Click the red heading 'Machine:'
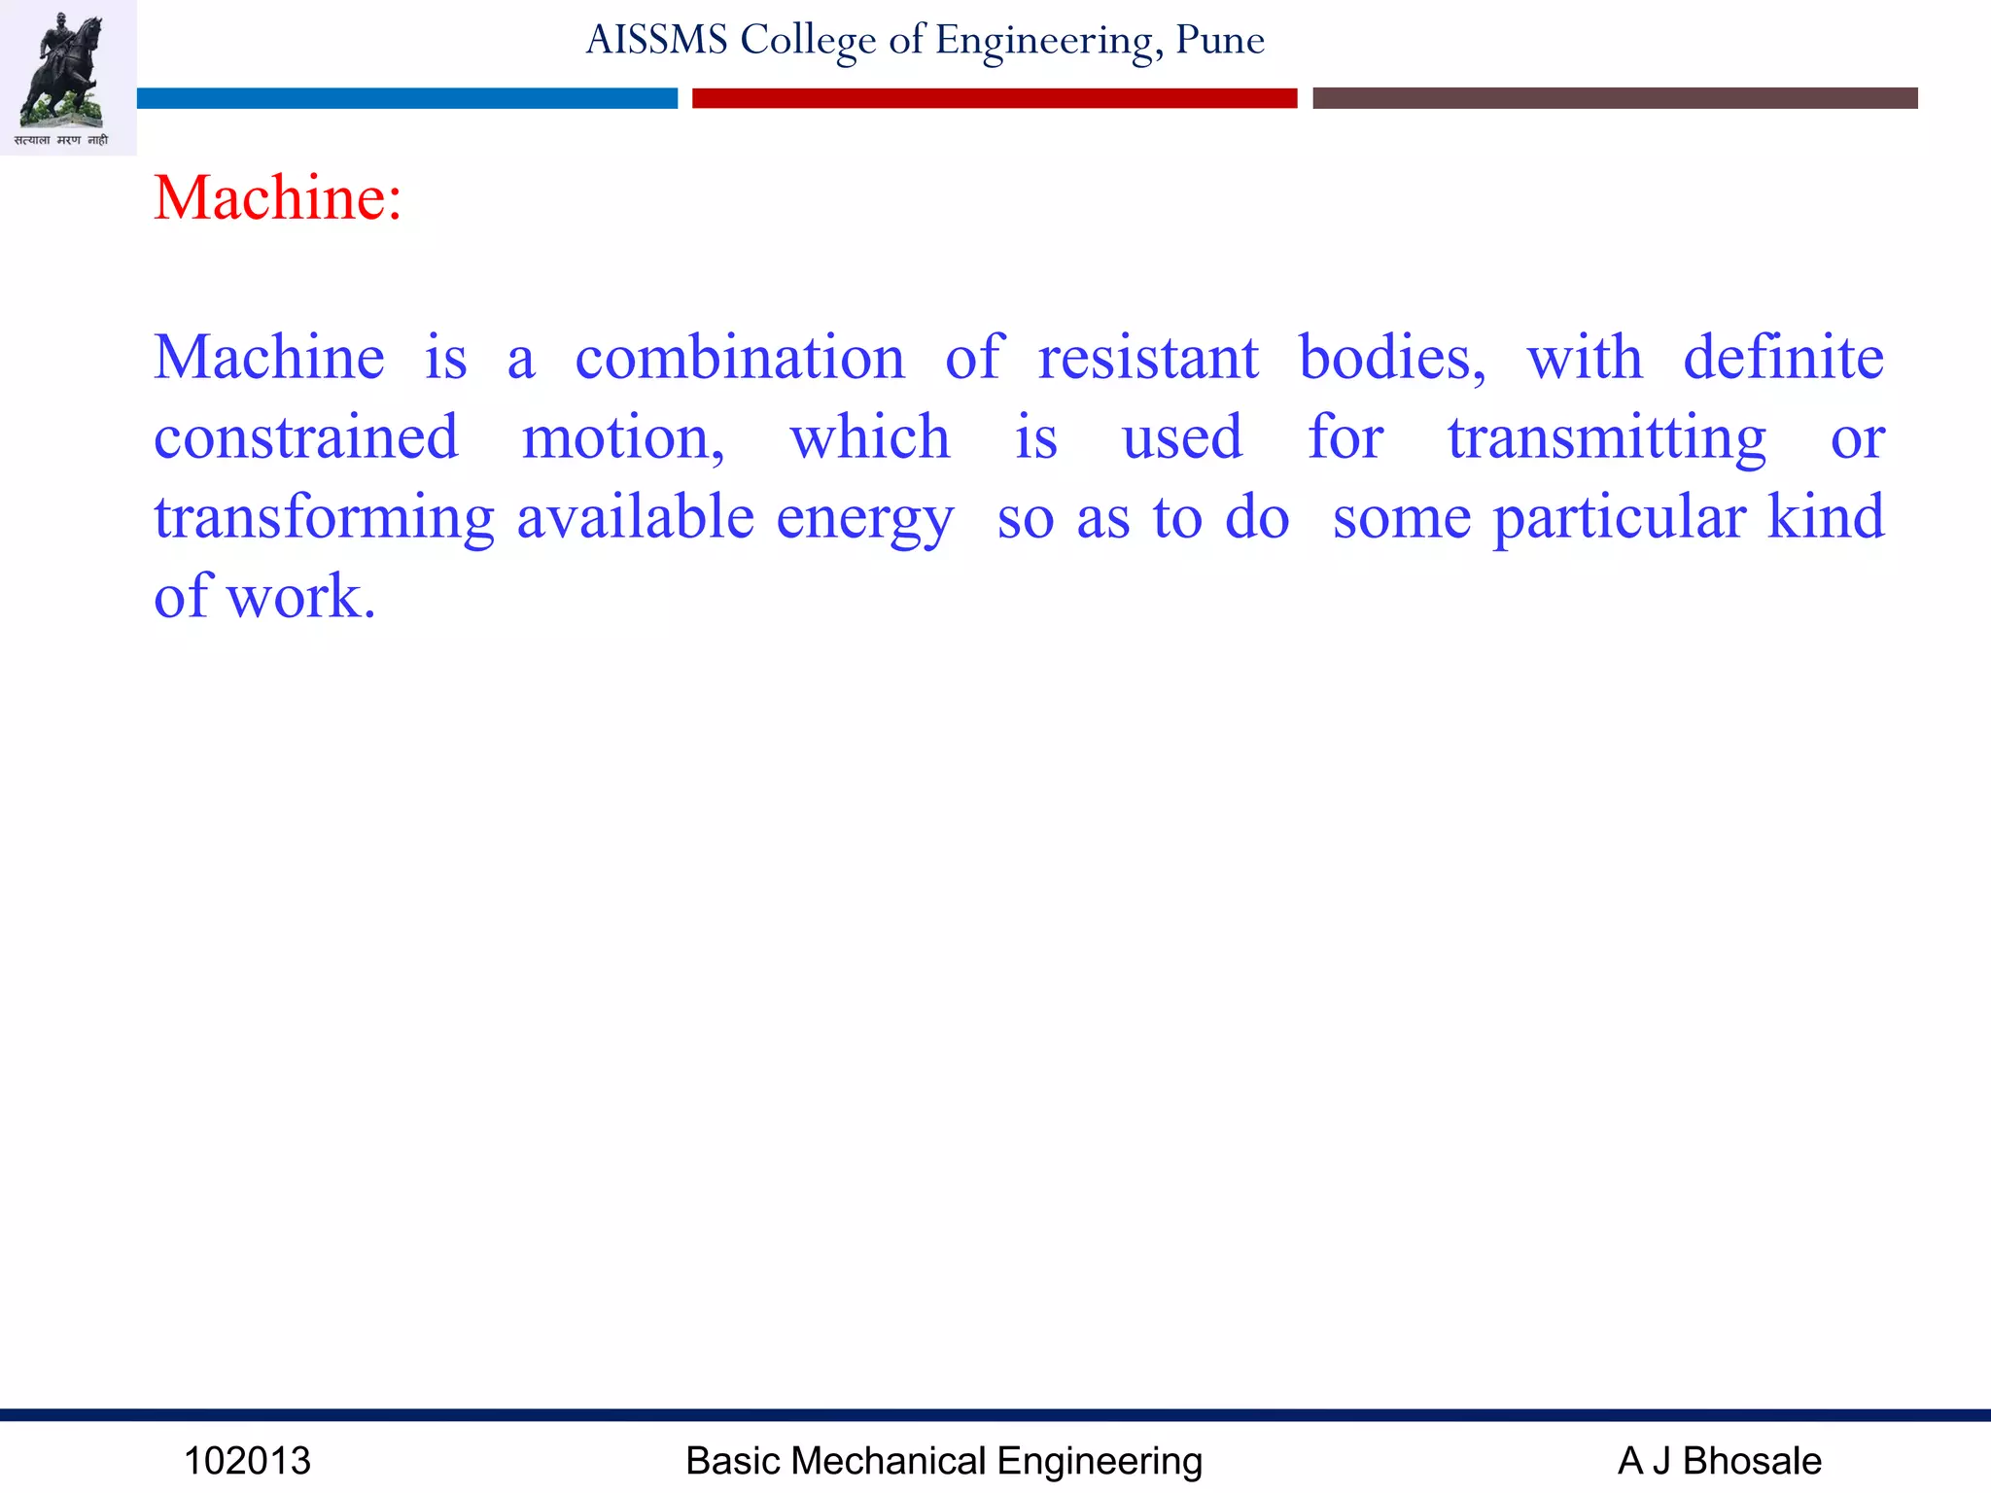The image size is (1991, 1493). click(x=277, y=198)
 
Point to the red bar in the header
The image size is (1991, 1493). click(x=994, y=98)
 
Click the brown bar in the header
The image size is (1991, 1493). click(x=1614, y=98)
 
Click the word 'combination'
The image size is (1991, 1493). click(x=740, y=358)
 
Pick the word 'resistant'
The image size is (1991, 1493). click(x=1148, y=358)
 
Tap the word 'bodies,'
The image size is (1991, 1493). click(x=1392, y=358)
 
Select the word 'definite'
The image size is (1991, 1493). click(x=1783, y=358)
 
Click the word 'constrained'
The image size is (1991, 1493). click(x=305, y=437)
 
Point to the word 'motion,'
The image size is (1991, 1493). click(x=623, y=437)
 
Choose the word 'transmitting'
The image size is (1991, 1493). click(x=1606, y=437)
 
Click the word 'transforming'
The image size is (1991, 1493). click(x=324, y=517)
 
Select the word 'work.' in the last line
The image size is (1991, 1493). click(x=300, y=596)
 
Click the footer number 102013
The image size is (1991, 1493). click(x=247, y=1461)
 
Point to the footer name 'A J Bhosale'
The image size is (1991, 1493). click(x=1719, y=1461)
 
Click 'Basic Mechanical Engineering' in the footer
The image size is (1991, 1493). click(x=943, y=1461)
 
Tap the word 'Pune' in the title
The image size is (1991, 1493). click(x=1219, y=40)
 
